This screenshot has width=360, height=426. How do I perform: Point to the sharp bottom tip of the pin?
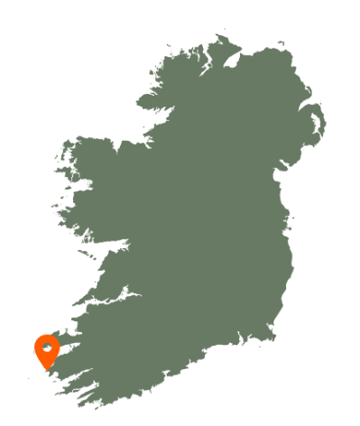(47, 370)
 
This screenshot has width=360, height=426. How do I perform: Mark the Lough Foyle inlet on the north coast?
(235, 59)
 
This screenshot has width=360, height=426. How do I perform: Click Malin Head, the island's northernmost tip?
(219, 36)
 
